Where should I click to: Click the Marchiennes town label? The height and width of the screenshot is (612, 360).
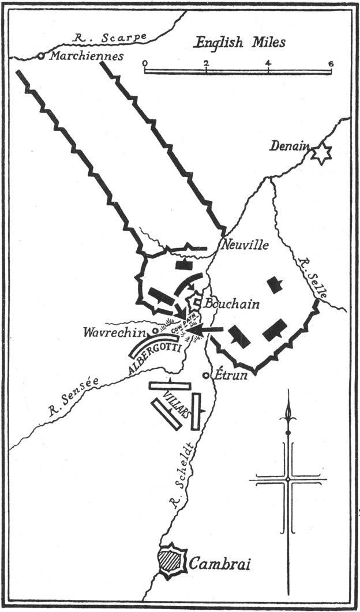pyautogui.click(x=87, y=57)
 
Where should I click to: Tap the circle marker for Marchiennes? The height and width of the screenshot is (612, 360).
pyautogui.click(x=41, y=57)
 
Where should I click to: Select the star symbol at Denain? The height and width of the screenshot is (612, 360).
pyautogui.click(x=321, y=153)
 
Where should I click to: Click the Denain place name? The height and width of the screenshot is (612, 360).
pyautogui.click(x=290, y=147)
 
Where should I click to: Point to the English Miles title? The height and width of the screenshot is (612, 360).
pyautogui.click(x=240, y=42)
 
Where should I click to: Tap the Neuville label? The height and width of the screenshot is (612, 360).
pyautogui.click(x=244, y=245)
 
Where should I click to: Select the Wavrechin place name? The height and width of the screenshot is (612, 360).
pyautogui.click(x=116, y=332)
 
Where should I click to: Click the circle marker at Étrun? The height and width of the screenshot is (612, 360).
pyautogui.click(x=206, y=376)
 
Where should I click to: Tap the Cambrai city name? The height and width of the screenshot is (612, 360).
pyautogui.click(x=220, y=564)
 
